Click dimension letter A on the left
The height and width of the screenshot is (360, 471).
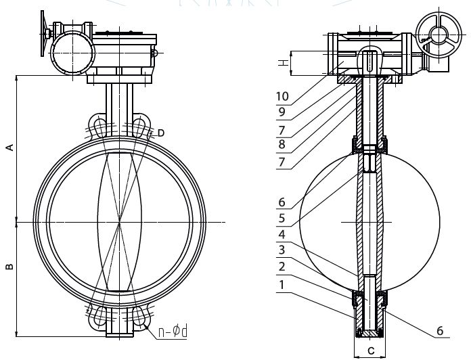click(11, 147)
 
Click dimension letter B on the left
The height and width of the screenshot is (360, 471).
click(10, 266)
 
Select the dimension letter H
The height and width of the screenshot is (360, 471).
click(284, 63)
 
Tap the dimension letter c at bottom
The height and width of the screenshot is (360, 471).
click(372, 350)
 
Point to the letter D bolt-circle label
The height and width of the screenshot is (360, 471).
click(161, 133)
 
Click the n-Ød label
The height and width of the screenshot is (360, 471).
click(173, 332)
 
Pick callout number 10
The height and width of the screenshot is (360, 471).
click(283, 96)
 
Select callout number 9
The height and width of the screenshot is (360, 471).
click(282, 112)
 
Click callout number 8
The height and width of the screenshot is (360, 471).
click(282, 144)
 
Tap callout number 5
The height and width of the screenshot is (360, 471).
click(282, 219)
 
